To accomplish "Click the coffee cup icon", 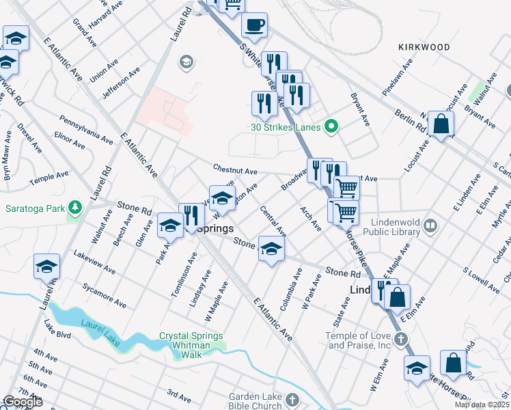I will coord(254,26).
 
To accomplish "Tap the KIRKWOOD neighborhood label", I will coord(424,47).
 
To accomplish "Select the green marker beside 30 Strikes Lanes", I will coord(331,126).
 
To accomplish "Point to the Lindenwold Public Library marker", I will coord(430,225).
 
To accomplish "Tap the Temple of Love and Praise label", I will coord(359,340).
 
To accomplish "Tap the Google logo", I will coord(22,402).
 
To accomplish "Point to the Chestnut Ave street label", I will coord(234,170).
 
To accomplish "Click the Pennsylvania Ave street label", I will coord(85,128).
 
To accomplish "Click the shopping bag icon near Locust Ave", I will coord(441,124).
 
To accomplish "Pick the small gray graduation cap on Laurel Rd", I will coord(185,64).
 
